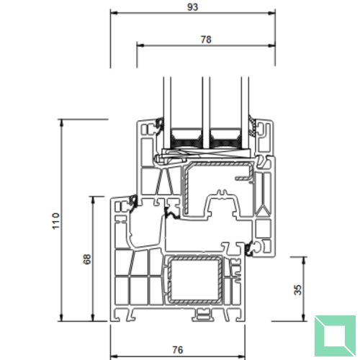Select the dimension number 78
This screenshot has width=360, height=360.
205,40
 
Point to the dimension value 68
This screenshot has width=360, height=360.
88,258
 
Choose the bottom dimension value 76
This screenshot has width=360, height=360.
177,349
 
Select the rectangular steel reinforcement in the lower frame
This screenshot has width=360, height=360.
192,279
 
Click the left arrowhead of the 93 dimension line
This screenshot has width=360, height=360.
113,13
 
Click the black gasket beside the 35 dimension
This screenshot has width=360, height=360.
251,249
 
